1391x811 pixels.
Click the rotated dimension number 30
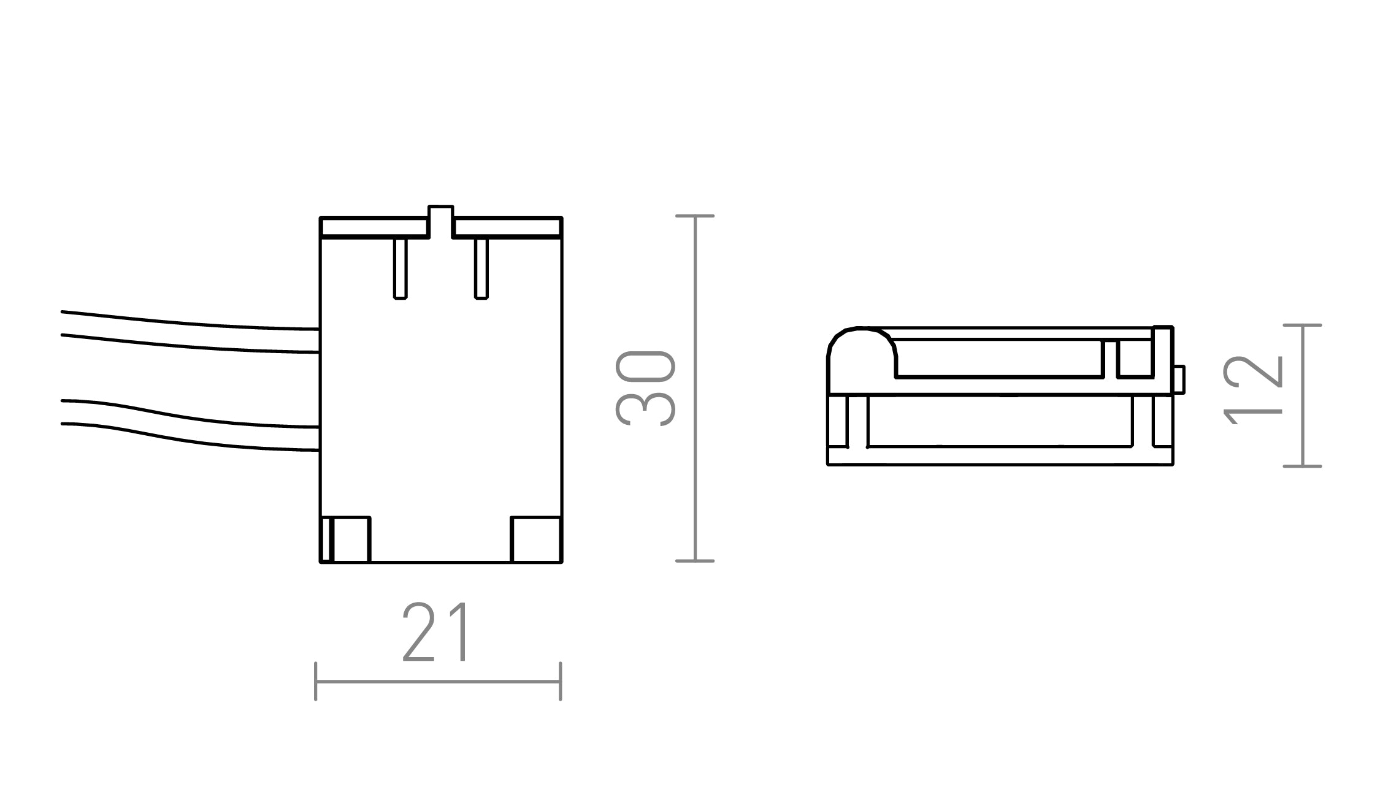[x=645, y=389]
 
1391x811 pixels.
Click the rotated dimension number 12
[x=1253, y=390]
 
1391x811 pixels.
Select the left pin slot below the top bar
[x=400, y=268]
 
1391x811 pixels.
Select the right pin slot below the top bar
[x=481, y=268]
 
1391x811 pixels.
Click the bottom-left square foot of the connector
[x=345, y=539]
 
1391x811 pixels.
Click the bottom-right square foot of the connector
[x=536, y=539]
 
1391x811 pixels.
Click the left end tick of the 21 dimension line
[x=315, y=681]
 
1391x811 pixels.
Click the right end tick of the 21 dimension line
[x=561, y=681]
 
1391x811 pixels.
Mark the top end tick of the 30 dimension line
[x=694, y=216]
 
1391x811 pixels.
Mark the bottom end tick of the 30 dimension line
[x=694, y=561]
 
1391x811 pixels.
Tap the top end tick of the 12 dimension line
[x=1302, y=325]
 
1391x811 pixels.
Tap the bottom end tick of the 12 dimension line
[x=1302, y=466]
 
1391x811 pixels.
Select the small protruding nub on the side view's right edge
[x=1178, y=379]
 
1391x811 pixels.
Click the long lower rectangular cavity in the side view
[x=1000, y=421]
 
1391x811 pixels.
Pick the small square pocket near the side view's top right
[x=1135, y=357]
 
